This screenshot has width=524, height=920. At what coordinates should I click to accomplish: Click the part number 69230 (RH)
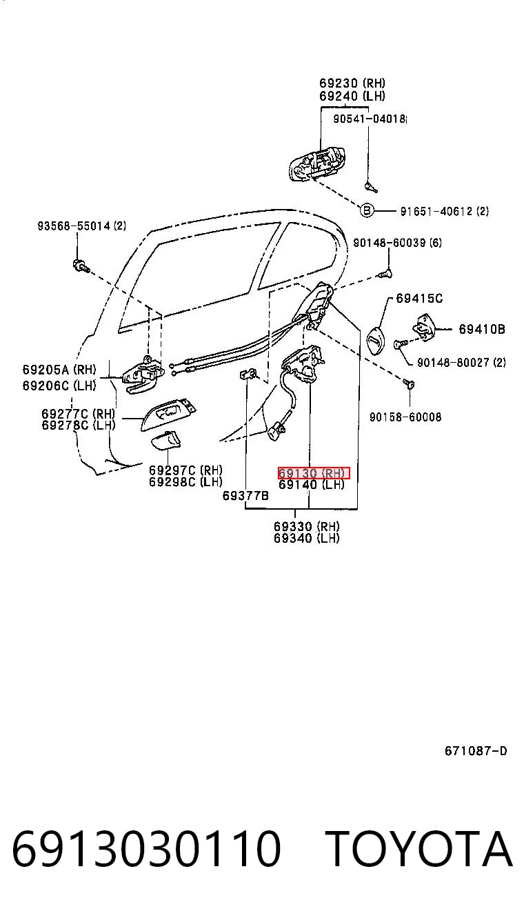point(352,83)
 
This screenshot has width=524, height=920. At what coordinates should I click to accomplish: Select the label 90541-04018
point(369,119)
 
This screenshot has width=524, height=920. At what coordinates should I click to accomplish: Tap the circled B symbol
point(366,211)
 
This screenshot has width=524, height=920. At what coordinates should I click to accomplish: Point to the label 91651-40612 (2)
point(444,211)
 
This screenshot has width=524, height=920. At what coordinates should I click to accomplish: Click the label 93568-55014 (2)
point(82,226)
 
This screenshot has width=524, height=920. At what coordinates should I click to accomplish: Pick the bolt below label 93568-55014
point(81,266)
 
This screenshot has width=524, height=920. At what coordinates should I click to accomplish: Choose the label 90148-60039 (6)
point(397,242)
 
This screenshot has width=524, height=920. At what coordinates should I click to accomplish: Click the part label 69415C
point(419,298)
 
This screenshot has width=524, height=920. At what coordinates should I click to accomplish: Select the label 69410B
point(482,329)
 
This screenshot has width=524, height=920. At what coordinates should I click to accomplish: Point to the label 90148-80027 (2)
point(461,362)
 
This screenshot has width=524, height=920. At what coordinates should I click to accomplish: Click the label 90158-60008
point(405,417)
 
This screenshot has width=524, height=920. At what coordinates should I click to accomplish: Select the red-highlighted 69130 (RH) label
point(314,473)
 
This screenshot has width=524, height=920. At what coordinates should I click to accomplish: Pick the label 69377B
point(245,496)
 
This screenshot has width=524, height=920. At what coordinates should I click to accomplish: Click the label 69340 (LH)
point(307,538)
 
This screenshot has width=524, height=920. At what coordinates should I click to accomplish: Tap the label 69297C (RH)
point(185,470)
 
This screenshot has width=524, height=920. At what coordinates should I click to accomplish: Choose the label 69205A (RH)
point(59,370)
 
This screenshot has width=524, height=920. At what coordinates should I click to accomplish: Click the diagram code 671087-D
point(476,751)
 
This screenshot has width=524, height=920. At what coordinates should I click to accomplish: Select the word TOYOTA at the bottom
point(419,848)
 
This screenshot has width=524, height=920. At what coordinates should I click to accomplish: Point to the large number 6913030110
point(147,848)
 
